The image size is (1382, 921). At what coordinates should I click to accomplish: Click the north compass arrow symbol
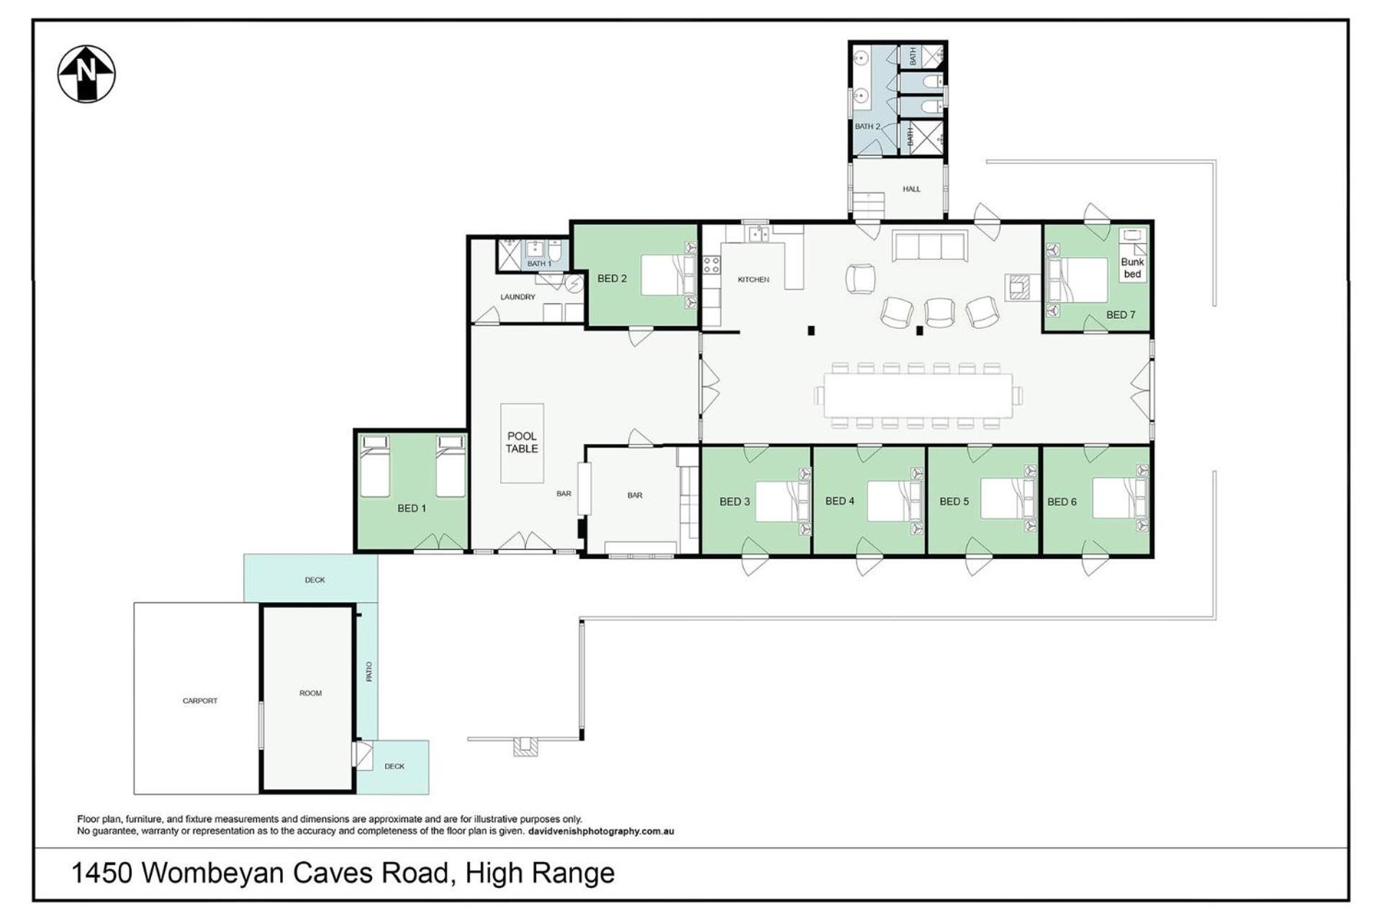click(86, 73)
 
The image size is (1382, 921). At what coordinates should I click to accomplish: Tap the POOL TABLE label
click(522, 442)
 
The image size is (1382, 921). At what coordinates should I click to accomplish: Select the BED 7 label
click(1121, 314)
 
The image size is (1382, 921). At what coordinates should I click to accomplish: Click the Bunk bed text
click(1132, 268)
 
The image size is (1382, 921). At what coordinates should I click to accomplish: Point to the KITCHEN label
click(754, 279)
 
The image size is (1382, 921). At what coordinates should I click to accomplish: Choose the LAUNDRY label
click(518, 296)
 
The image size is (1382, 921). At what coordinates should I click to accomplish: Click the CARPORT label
click(200, 700)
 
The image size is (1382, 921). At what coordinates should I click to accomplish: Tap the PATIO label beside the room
click(369, 671)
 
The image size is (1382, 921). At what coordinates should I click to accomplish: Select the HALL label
click(911, 189)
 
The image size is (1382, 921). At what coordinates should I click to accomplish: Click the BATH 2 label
click(867, 126)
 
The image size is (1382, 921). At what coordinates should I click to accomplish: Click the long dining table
click(918, 395)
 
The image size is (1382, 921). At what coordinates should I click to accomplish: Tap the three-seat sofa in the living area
click(929, 246)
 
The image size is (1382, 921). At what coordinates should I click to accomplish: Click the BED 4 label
click(840, 501)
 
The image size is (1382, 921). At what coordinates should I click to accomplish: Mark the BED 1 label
click(412, 508)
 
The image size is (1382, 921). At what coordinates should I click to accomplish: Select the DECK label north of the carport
click(315, 580)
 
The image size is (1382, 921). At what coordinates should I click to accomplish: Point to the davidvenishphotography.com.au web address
click(601, 831)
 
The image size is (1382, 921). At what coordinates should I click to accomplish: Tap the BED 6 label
click(1062, 502)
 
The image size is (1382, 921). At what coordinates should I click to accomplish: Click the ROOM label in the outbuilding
click(311, 693)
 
